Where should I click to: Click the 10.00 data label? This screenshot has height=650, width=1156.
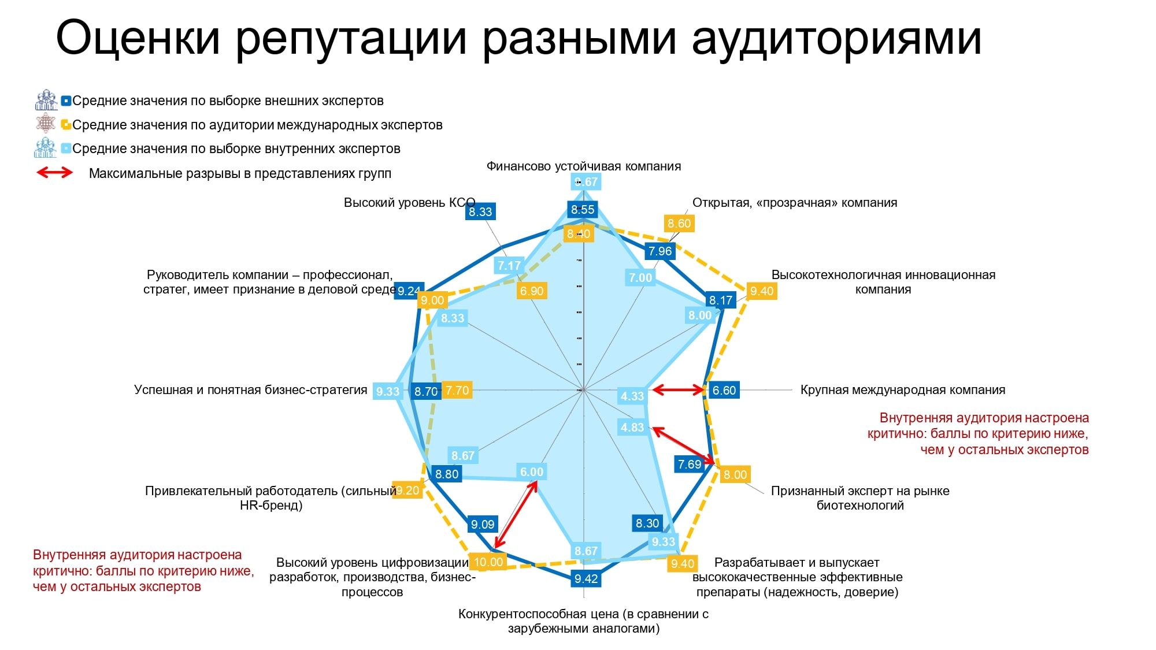(x=488, y=562)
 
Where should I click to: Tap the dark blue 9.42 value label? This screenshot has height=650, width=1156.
(x=586, y=578)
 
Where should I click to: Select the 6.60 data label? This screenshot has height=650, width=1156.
(x=724, y=390)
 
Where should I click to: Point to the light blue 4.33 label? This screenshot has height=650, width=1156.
(x=632, y=396)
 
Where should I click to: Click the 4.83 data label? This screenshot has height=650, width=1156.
(x=632, y=427)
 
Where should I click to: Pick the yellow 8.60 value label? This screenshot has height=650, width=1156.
(x=679, y=223)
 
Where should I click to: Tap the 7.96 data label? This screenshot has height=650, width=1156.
(x=660, y=251)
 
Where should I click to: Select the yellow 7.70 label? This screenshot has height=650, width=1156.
(x=457, y=390)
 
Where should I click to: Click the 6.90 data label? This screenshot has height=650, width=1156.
(x=532, y=291)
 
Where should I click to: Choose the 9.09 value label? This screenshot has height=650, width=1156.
(x=483, y=524)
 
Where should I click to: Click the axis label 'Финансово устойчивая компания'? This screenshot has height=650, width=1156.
(x=584, y=166)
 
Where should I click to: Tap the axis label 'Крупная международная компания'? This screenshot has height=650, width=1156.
(x=903, y=390)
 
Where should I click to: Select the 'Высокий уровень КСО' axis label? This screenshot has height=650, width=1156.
(x=410, y=203)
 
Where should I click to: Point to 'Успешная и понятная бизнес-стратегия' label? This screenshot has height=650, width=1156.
(x=251, y=390)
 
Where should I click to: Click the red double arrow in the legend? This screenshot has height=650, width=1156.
(x=55, y=172)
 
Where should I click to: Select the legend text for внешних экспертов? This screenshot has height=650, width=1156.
(x=228, y=101)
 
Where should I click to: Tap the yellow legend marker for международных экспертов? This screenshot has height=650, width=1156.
(x=66, y=124)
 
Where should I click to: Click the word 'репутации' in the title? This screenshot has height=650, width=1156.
(x=351, y=39)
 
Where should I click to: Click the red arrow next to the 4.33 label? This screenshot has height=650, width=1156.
(x=679, y=390)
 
